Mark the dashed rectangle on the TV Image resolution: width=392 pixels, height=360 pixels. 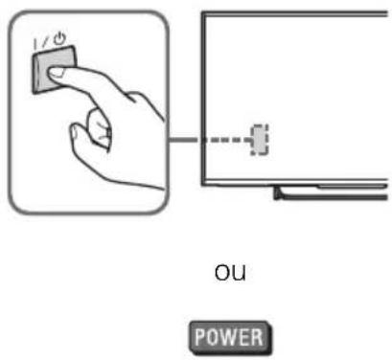point(257,140)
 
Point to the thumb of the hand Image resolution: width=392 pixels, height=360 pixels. point(82,123)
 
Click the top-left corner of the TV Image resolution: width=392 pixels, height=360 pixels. point(202,17)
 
